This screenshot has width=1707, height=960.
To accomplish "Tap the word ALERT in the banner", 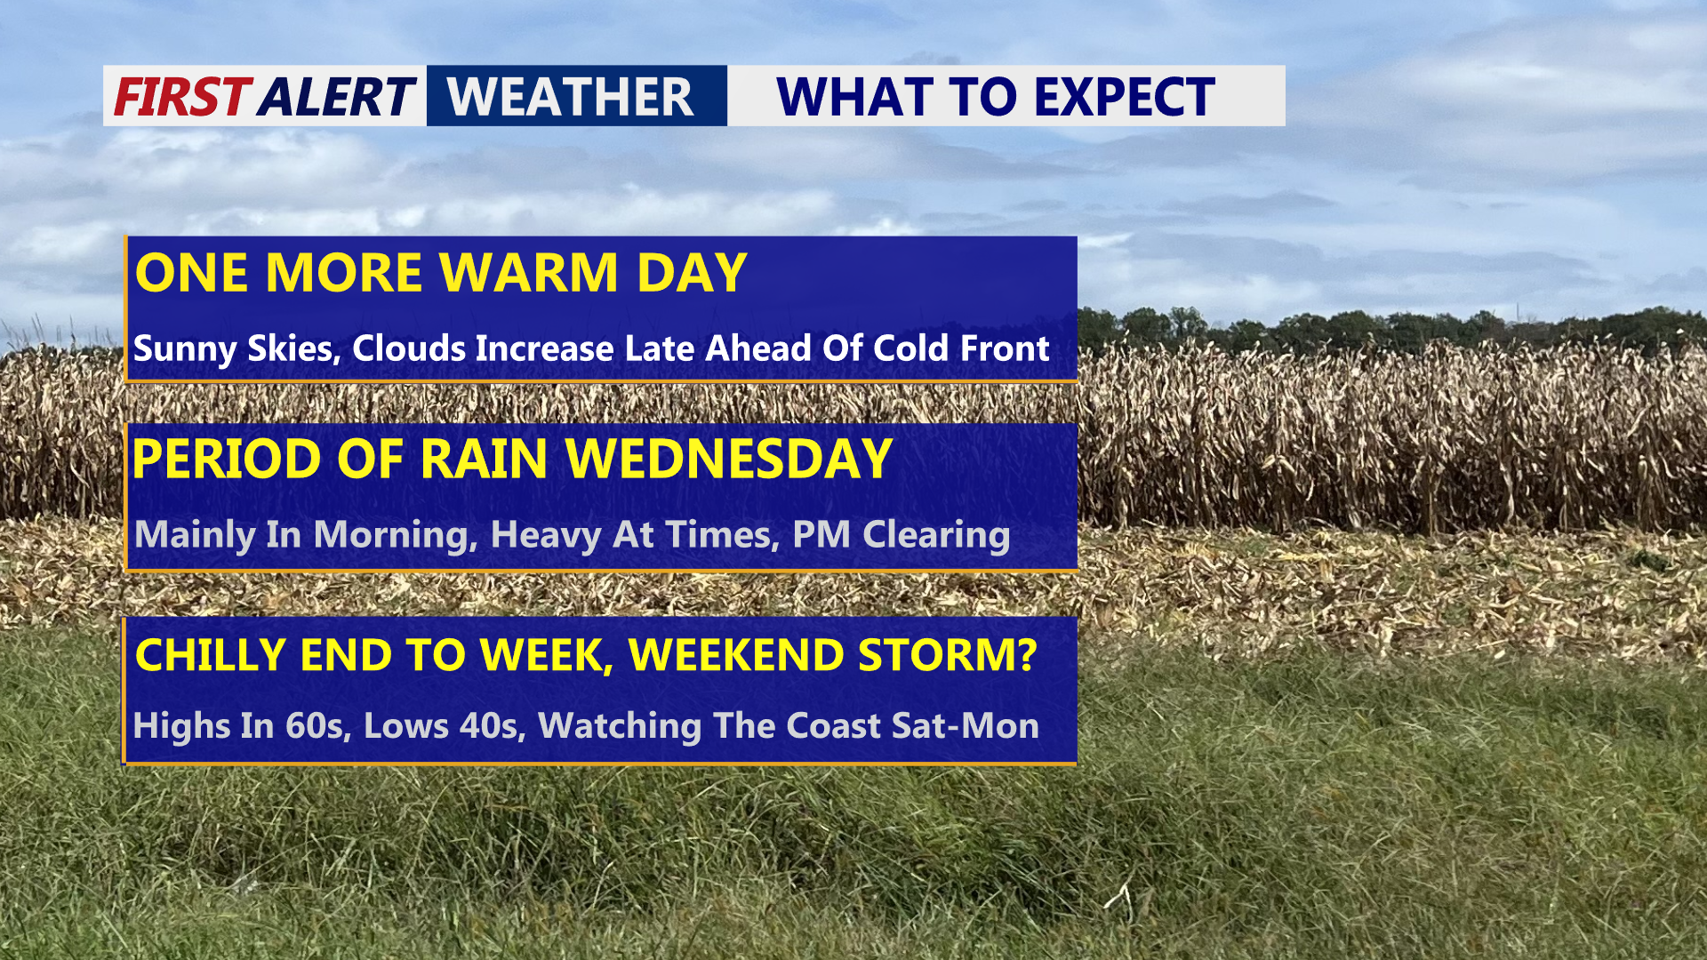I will click(337, 97).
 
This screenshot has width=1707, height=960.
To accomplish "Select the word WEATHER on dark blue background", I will click(570, 97).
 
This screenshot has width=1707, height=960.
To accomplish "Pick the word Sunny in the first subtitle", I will click(184, 348).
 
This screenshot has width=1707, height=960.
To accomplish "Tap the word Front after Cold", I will click(1005, 348).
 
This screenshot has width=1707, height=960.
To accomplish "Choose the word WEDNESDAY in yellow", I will click(728, 459).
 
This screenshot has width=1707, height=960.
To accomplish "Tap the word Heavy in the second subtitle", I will click(543, 535).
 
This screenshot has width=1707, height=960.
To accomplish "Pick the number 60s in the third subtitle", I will click(314, 726).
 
